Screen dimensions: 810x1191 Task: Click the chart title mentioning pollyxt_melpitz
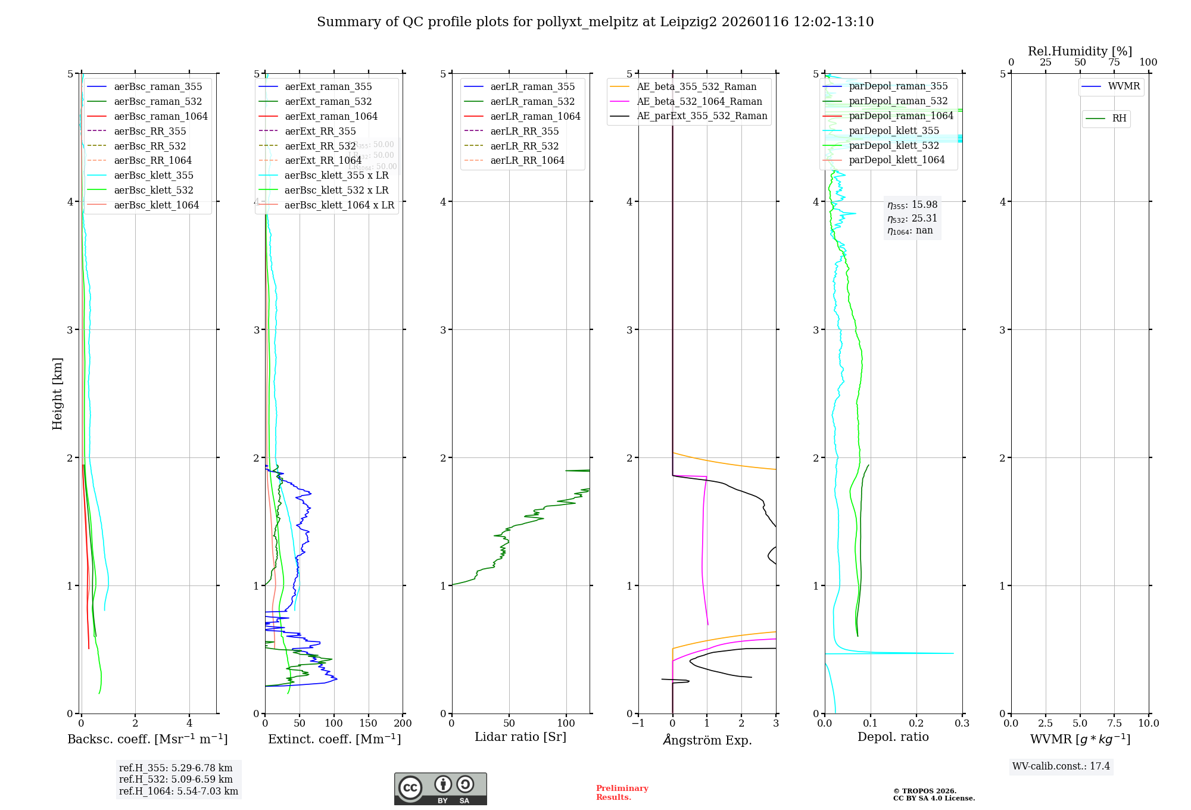[595, 22]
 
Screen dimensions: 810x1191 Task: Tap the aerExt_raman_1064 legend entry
[331, 116]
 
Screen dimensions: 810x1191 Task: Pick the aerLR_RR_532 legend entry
[524, 146]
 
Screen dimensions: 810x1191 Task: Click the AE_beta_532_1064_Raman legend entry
[699, 101]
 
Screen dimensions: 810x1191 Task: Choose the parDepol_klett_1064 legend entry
[896, 160]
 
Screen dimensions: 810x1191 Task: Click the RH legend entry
[1119, 119]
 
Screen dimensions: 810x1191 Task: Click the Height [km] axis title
[57, 393]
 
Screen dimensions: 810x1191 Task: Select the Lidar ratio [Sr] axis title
[520, 737]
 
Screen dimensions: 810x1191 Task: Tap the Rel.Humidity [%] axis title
[1080, 51]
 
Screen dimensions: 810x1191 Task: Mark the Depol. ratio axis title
[893, 737]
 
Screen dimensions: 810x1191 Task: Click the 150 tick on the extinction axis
[368, 723]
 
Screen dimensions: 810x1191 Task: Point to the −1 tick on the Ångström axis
[638, 723]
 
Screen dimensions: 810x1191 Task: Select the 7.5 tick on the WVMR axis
[1115, 723]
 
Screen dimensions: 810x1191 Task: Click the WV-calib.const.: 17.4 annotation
[1061, 766]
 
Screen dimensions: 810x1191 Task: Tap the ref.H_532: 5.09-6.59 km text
[176, 779]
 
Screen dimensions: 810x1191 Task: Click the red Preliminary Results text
[622, 792]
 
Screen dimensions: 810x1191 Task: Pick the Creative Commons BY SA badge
[440, 789]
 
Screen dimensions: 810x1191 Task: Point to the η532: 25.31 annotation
[912, 218]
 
